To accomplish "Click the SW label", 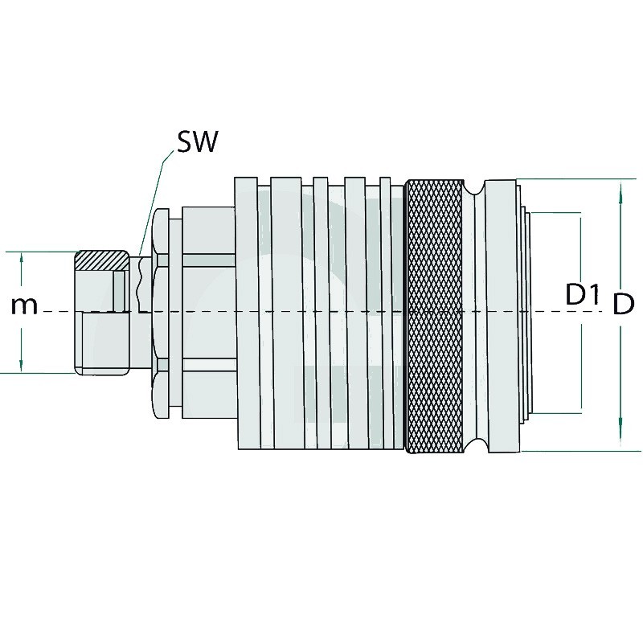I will pyautogui.click(x=196, y=143).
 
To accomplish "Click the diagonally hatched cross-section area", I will pyautogui.click(x=101, y=260).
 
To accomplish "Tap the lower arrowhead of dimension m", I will pyautogui.click(x=22, y=366).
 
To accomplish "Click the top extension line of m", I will pyautogui.click(x=40, y=252).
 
